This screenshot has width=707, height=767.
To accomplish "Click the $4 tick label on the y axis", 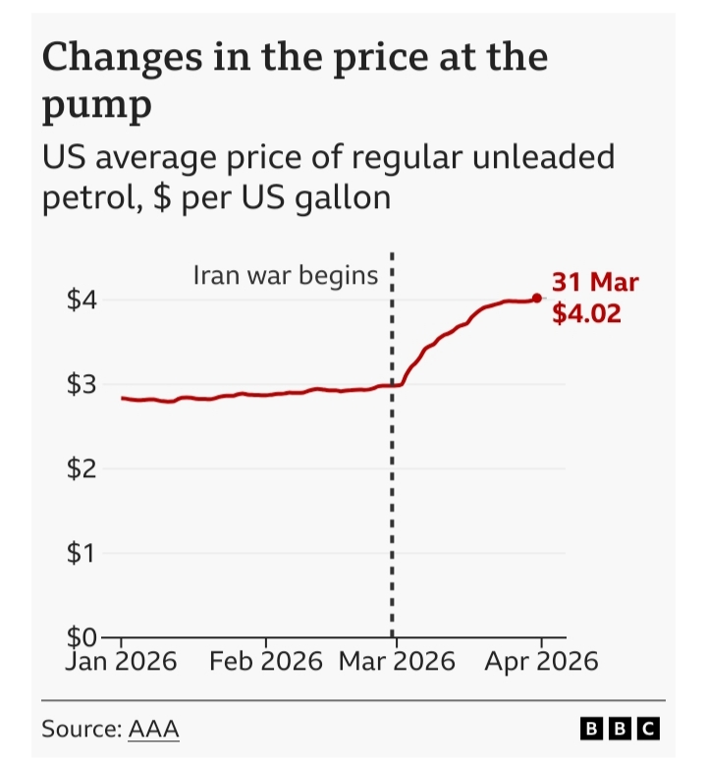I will (81, 299).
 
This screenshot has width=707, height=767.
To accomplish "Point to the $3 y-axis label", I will (81, 384).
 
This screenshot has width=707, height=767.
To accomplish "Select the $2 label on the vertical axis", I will (81, 468).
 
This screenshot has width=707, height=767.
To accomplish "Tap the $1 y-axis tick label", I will (81, 554).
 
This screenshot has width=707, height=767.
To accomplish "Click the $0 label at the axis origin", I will (81, 638).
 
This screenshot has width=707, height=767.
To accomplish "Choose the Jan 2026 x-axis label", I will (122, 661).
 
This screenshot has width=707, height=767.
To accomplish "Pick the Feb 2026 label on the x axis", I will (266, 661).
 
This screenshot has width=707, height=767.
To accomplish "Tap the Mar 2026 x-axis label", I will (397, 661).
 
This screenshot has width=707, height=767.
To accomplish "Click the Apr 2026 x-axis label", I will (541, 661).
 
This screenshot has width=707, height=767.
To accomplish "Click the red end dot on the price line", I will (537, 299).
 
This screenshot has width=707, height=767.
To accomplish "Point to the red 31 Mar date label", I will (595, 284).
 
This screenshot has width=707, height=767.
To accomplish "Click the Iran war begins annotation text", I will (285, 275).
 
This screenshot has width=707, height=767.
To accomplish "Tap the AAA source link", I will (154, 729).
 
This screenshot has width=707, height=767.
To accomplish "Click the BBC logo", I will (620, 729).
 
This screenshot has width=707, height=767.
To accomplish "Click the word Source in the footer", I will (81, 729).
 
